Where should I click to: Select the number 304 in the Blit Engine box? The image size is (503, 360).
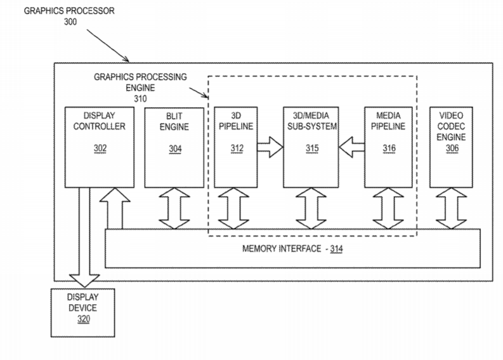point(174,149)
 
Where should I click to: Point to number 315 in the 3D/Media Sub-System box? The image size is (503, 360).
point(310,149)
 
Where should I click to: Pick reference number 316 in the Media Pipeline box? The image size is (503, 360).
point(390,149)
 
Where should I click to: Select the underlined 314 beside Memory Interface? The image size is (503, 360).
point(336,248)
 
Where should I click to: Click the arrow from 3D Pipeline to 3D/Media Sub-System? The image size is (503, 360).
point(269,149)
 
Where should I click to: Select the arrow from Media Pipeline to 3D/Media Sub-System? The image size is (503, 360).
point(351,149)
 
